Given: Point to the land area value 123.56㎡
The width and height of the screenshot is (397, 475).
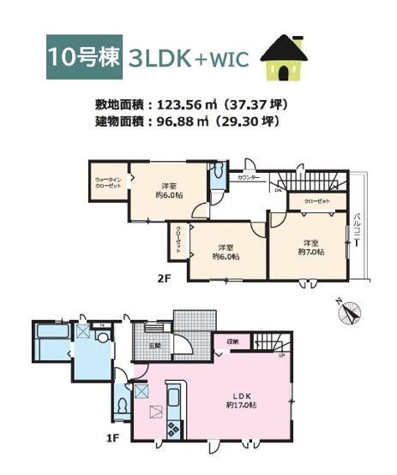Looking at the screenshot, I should coord(186,104).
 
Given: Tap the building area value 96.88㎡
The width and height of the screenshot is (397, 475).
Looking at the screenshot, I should coord(183,122).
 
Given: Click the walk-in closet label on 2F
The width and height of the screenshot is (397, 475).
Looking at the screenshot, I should coord(107,181).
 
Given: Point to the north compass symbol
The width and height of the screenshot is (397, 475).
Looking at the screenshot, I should coord(350,311).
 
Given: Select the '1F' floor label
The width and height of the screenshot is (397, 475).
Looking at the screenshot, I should coord(111,439).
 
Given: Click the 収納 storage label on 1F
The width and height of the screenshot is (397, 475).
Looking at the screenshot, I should coord(233,341).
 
